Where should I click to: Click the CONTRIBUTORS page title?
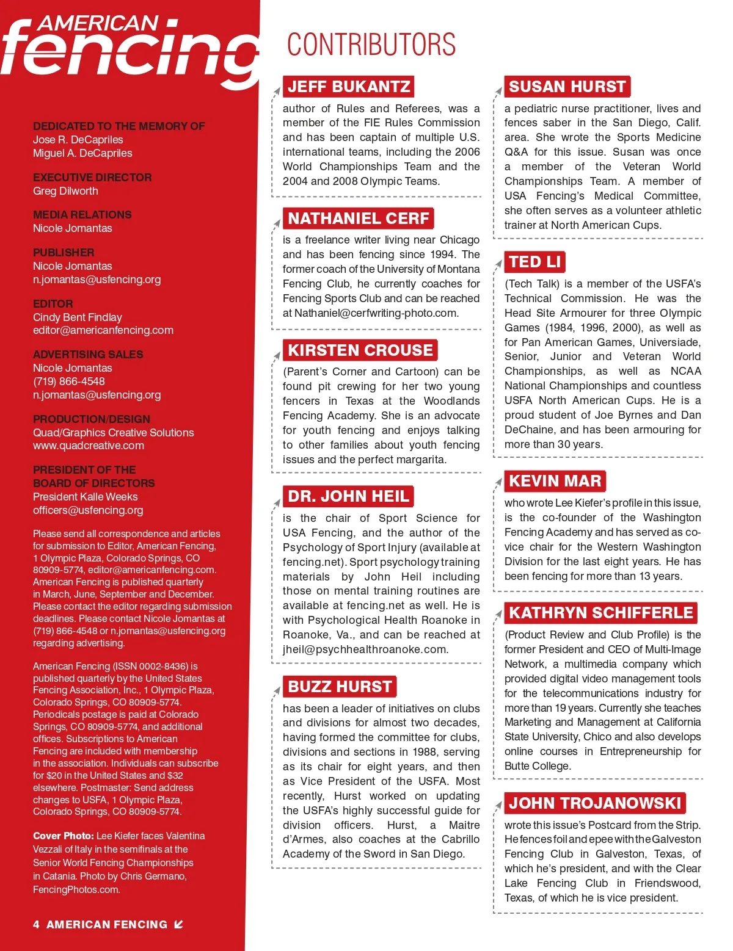tap(371, 45)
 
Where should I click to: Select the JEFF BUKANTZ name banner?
tap(349, 87)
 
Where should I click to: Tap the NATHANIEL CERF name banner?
tap(359, 219)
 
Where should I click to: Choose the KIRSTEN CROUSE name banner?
tap(360, 350)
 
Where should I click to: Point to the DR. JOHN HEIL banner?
tap(348, 496)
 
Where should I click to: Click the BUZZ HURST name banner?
tap(340, 687)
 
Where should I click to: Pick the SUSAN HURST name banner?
tap(567, 87)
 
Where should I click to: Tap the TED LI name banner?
tap(535, 262)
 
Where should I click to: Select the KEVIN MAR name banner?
tap(555, 481)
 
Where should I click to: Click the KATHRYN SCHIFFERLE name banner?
tap(601, 613)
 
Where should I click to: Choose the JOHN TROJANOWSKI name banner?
tap(595, 803)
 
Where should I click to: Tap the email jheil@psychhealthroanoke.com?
tap(365, 649)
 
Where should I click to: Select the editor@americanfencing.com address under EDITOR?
tap(103, 330)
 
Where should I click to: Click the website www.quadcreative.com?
tap(89, 446)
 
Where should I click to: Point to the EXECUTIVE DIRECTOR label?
tap(92, 178)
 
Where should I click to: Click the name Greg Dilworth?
tap(65, 191)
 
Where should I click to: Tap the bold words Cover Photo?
tap(64, 836)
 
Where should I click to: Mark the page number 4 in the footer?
tap(36, 925)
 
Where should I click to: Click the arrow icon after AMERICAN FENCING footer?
tap(178, 924)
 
